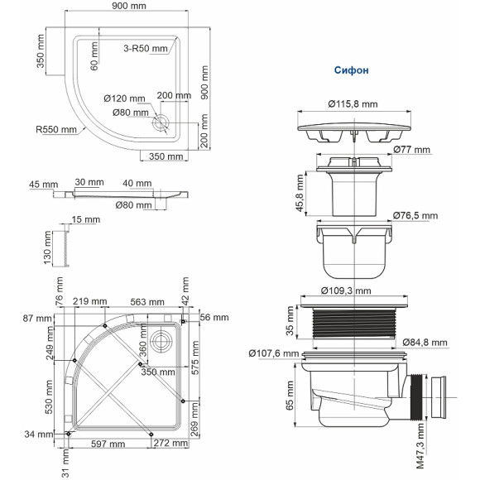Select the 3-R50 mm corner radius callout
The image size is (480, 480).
point(147,48)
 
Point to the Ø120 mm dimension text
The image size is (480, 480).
point(126,98)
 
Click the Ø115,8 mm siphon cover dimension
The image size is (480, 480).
point(353,104)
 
